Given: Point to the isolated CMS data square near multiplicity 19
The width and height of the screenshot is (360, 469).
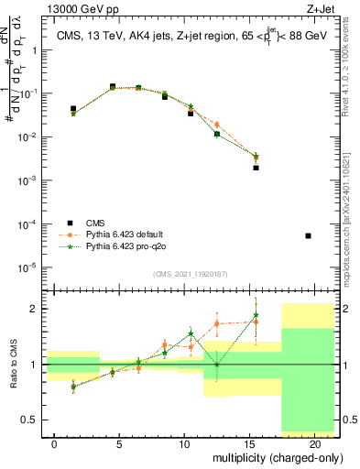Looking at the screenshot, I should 308,235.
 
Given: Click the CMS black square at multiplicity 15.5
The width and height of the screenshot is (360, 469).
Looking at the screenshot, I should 256,168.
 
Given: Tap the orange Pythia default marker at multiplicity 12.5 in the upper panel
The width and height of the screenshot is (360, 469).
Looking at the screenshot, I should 217,124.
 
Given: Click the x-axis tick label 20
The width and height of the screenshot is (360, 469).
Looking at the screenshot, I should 314,443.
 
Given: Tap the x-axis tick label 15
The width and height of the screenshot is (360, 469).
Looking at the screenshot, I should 249,443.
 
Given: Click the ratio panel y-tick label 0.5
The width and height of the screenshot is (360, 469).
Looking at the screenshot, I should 34,420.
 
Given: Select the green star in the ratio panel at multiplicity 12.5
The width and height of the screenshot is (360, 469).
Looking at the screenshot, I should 217,365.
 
